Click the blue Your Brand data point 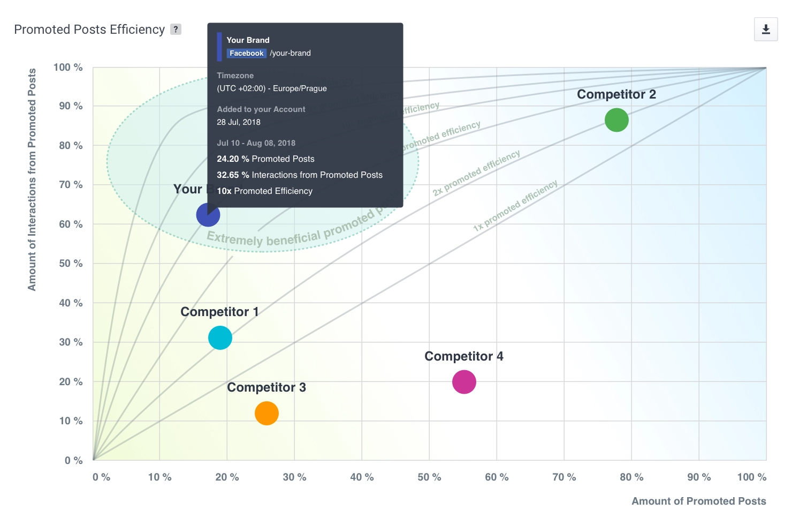208,215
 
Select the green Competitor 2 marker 616,120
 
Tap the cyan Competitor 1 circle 220,338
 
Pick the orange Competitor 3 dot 266,414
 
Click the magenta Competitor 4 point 464,382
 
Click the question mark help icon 176,29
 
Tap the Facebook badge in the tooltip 246,53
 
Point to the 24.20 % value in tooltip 233,159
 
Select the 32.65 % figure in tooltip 233,175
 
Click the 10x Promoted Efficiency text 264,191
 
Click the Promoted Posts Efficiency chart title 89,29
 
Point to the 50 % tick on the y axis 71,264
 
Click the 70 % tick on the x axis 564,477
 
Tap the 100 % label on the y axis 68,67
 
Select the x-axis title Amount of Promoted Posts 698,501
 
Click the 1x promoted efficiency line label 515,206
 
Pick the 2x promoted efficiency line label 476,173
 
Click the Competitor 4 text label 463,357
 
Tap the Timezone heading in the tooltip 235,76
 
